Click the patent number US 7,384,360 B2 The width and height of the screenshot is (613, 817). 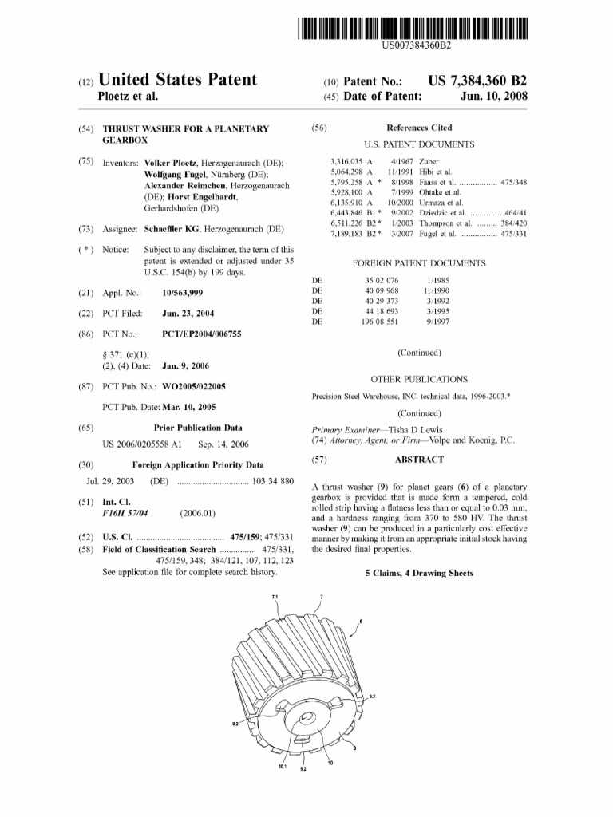[x=478, y=81]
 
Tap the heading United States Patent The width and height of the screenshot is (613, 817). [x=177, y=80]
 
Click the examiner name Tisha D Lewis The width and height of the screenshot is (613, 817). [x=415, y=428]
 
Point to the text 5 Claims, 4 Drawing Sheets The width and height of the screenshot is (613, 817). [x=418, y=573]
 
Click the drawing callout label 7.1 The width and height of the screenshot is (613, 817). [x=275, y=597]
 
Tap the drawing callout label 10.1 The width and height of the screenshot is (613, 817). [x=283, y=767]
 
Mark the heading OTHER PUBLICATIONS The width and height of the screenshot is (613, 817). [x=419, y=380]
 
